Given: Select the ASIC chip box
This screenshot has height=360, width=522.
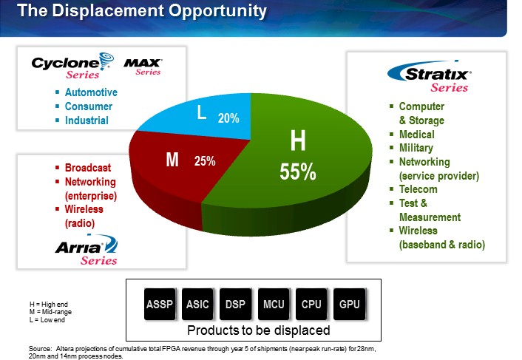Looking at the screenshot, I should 197,304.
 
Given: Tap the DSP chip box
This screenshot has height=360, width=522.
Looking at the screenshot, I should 235,304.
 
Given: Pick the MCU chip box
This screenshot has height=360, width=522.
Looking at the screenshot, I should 274,304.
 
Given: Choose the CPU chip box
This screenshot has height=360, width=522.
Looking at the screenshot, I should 311,304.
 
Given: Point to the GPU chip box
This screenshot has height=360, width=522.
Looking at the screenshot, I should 350,304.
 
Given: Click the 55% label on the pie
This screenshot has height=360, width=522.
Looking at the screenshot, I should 298,171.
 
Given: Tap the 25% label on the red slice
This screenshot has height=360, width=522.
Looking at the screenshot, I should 205,161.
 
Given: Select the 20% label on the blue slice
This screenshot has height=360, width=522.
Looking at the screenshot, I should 228,118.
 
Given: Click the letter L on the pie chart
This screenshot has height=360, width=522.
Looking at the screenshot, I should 201,114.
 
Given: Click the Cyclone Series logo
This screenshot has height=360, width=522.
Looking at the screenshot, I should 74,66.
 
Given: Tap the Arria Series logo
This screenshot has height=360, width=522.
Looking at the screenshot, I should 87,250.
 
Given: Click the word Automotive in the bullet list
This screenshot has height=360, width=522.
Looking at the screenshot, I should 91,92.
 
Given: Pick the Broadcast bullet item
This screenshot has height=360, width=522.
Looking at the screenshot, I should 87,168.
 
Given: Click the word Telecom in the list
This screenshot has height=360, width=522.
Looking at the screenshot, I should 419,189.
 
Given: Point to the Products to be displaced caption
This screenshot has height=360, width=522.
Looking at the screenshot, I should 258,330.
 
